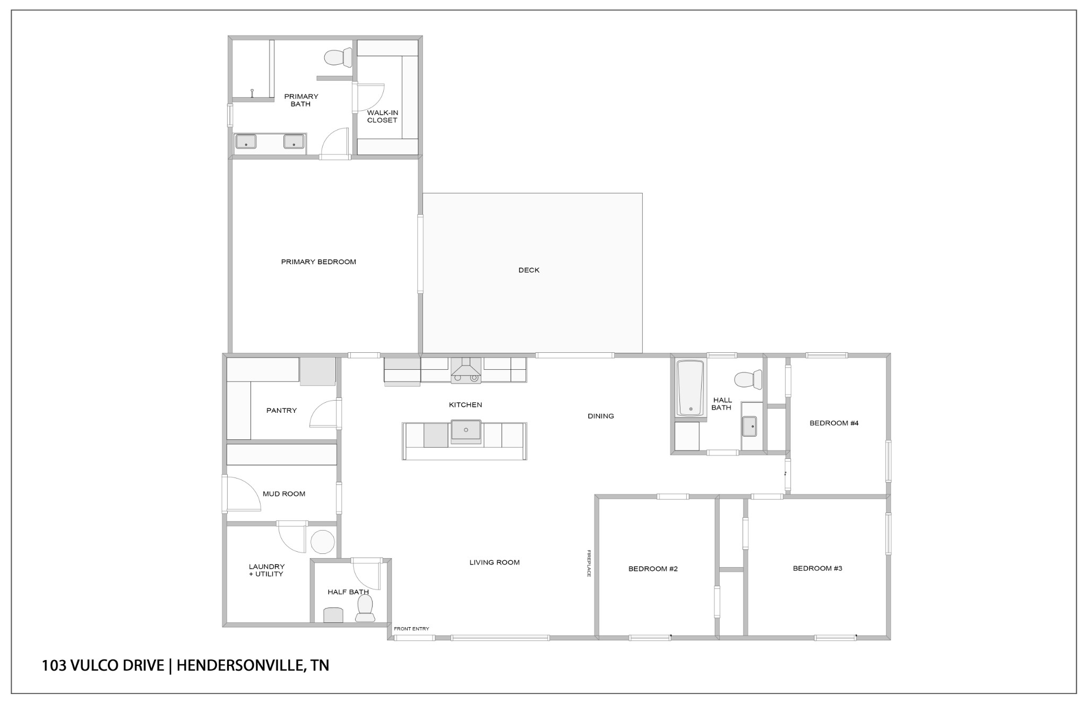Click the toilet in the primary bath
pyautogui.click(x=338, y=57)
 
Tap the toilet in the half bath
pyautogui.click(x=365, y=608)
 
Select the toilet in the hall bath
pyautogui.click(x=748, y=379)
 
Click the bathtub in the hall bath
pyautogui.click(x=691, y=388)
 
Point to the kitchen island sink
pyautogui.click(x=466, y=430)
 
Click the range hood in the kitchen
pyautogui.click(x=465, y=370)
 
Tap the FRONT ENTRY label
pyautogui.click(x=411, y=629)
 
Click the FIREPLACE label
pyautogui.click(x=589, y=563)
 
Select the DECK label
pyautogui.click(x=529, y=270)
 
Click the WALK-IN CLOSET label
pyautogui.click(x=382, y=116)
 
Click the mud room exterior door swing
pyautogui.click(x=242, y=493)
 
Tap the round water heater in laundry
pyautogui.click(x=323, y=542)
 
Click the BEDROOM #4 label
pyautogui.click(x=834, y=423)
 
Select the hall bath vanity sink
pyautogui.click(x=749, y=426)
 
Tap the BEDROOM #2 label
pyautogui.click(x=653, y=569)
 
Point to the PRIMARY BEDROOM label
pyautogui.click(x=318, y=262)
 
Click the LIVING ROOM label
pyautogui.click(x=494, y=562)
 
